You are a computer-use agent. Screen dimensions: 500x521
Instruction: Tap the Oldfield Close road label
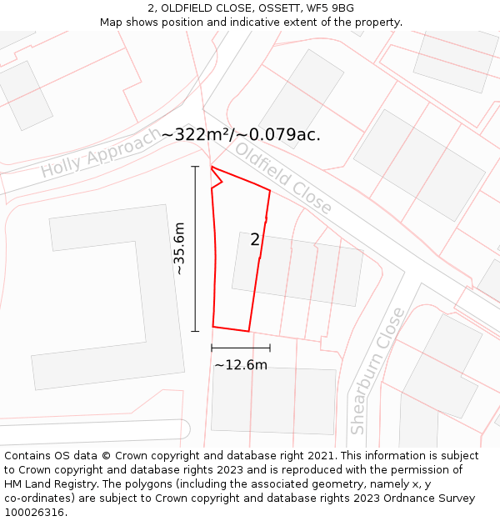[283, 178]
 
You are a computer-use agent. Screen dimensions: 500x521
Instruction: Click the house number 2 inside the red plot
[255, 240]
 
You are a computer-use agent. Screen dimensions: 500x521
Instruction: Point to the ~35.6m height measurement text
[179, 248]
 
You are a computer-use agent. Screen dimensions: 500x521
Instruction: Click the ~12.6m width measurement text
[241, 365]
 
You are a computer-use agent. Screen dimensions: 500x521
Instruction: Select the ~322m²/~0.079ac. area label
[241, 134]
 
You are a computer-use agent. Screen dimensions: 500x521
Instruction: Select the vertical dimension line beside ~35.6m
[196, 248]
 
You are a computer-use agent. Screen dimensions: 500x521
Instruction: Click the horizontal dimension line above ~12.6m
[241, 347]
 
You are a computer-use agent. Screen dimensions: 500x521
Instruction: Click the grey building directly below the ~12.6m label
[273, 399]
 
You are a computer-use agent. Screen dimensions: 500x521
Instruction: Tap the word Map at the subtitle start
[112, 22]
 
